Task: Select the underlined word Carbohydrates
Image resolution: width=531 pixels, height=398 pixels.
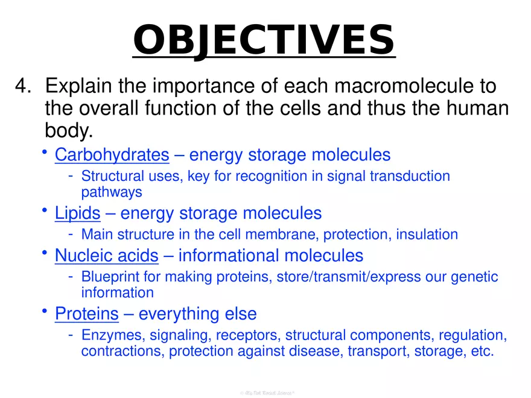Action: point(112,155)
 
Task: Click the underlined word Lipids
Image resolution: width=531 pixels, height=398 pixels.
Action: point(77,213)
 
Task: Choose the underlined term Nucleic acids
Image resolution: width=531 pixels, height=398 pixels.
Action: point(106,256)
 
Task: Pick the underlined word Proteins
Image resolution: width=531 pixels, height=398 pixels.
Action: point(86,314)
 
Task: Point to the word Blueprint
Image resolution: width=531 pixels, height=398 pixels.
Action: point(108,277)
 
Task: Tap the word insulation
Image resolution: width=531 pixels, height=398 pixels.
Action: point(427,234)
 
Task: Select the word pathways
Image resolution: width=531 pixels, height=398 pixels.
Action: point(112,192)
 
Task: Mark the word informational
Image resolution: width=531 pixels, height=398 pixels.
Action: point(229,256)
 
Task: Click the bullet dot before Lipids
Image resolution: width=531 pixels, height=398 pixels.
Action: point(45,210)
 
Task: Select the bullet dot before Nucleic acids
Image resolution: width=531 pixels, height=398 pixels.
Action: point(45,253)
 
